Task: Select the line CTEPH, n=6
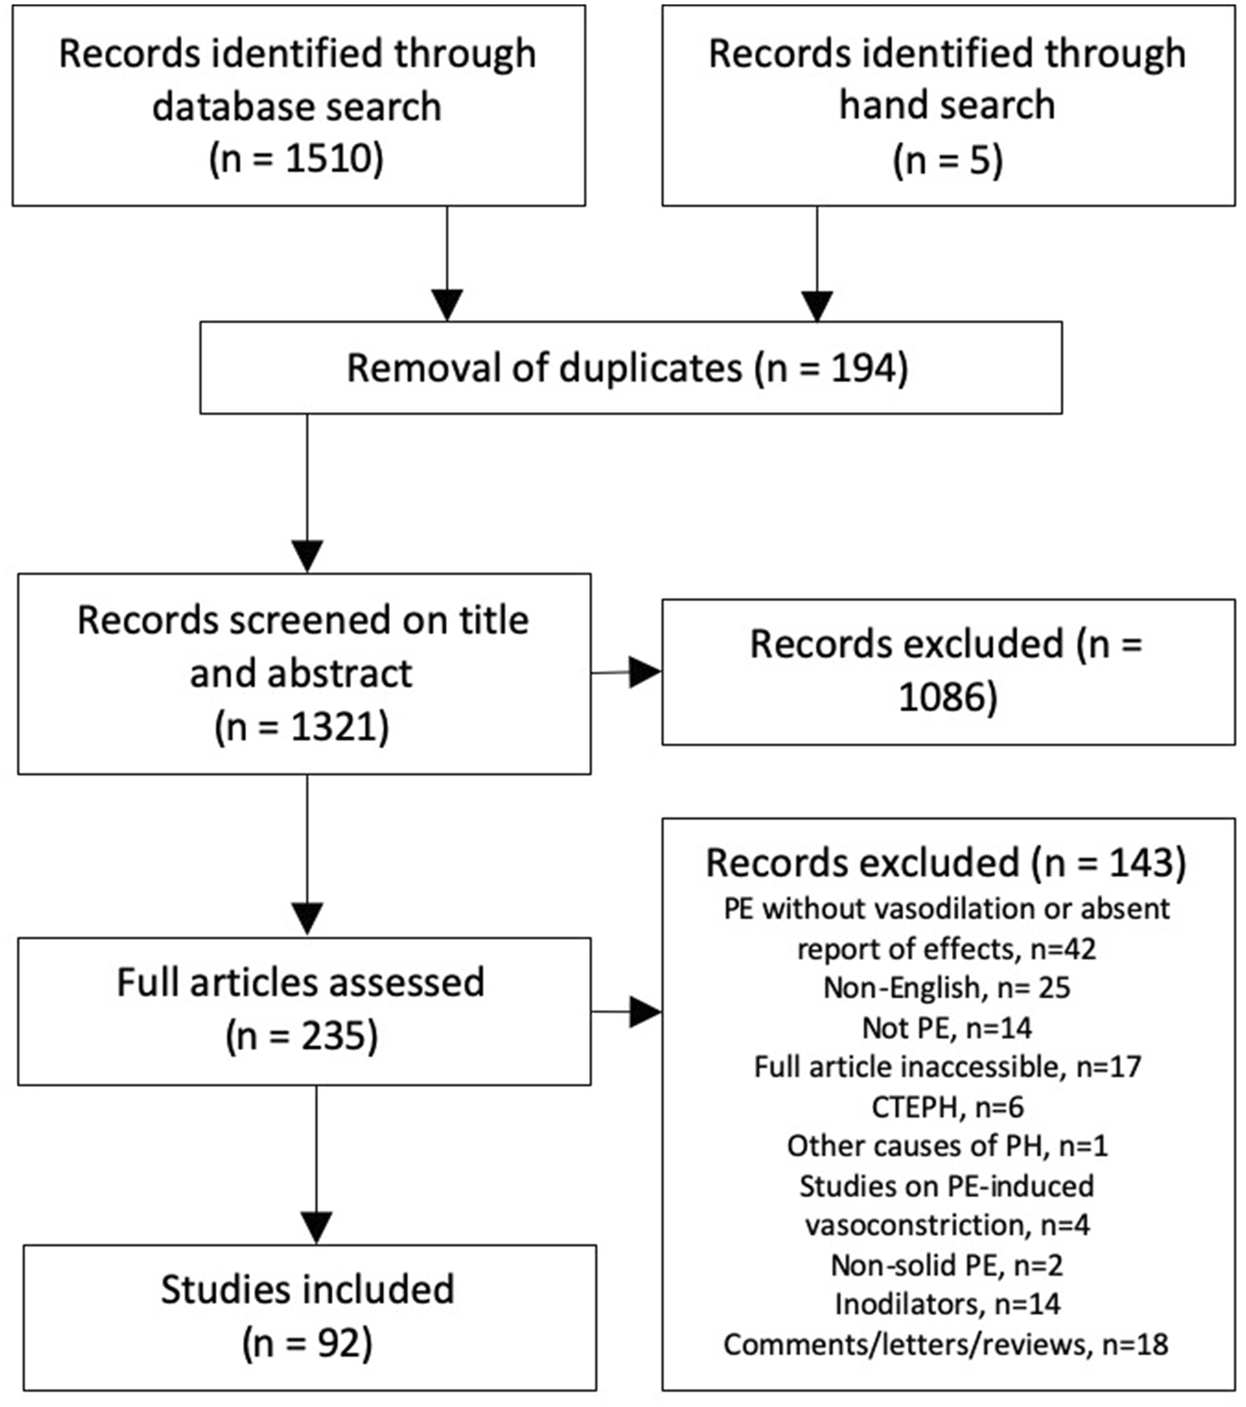948,1107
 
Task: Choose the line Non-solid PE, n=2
947,1265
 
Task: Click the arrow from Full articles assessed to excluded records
626,1012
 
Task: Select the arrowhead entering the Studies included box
317,1229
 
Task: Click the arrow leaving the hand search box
817,264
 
